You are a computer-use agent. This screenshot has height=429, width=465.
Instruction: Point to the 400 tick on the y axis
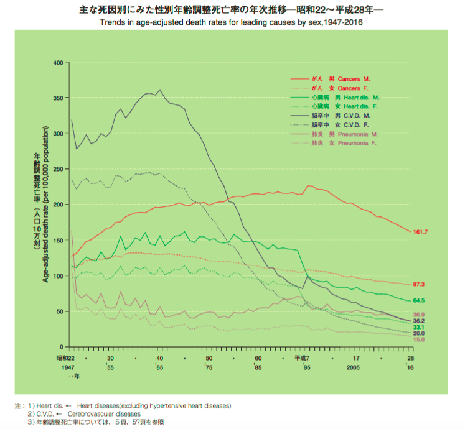click(59, 63)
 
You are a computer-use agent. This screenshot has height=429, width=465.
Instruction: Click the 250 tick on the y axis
click(59, 169)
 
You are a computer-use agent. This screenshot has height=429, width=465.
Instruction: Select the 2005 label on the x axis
click(353, 367)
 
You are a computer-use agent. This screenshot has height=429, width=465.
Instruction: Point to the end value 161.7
click(421, 232)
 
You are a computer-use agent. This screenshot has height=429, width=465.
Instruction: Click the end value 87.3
click(420, 284)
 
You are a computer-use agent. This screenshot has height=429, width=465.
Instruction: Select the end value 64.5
click(420, 301)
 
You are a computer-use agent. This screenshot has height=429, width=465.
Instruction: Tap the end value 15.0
click(420, 340)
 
